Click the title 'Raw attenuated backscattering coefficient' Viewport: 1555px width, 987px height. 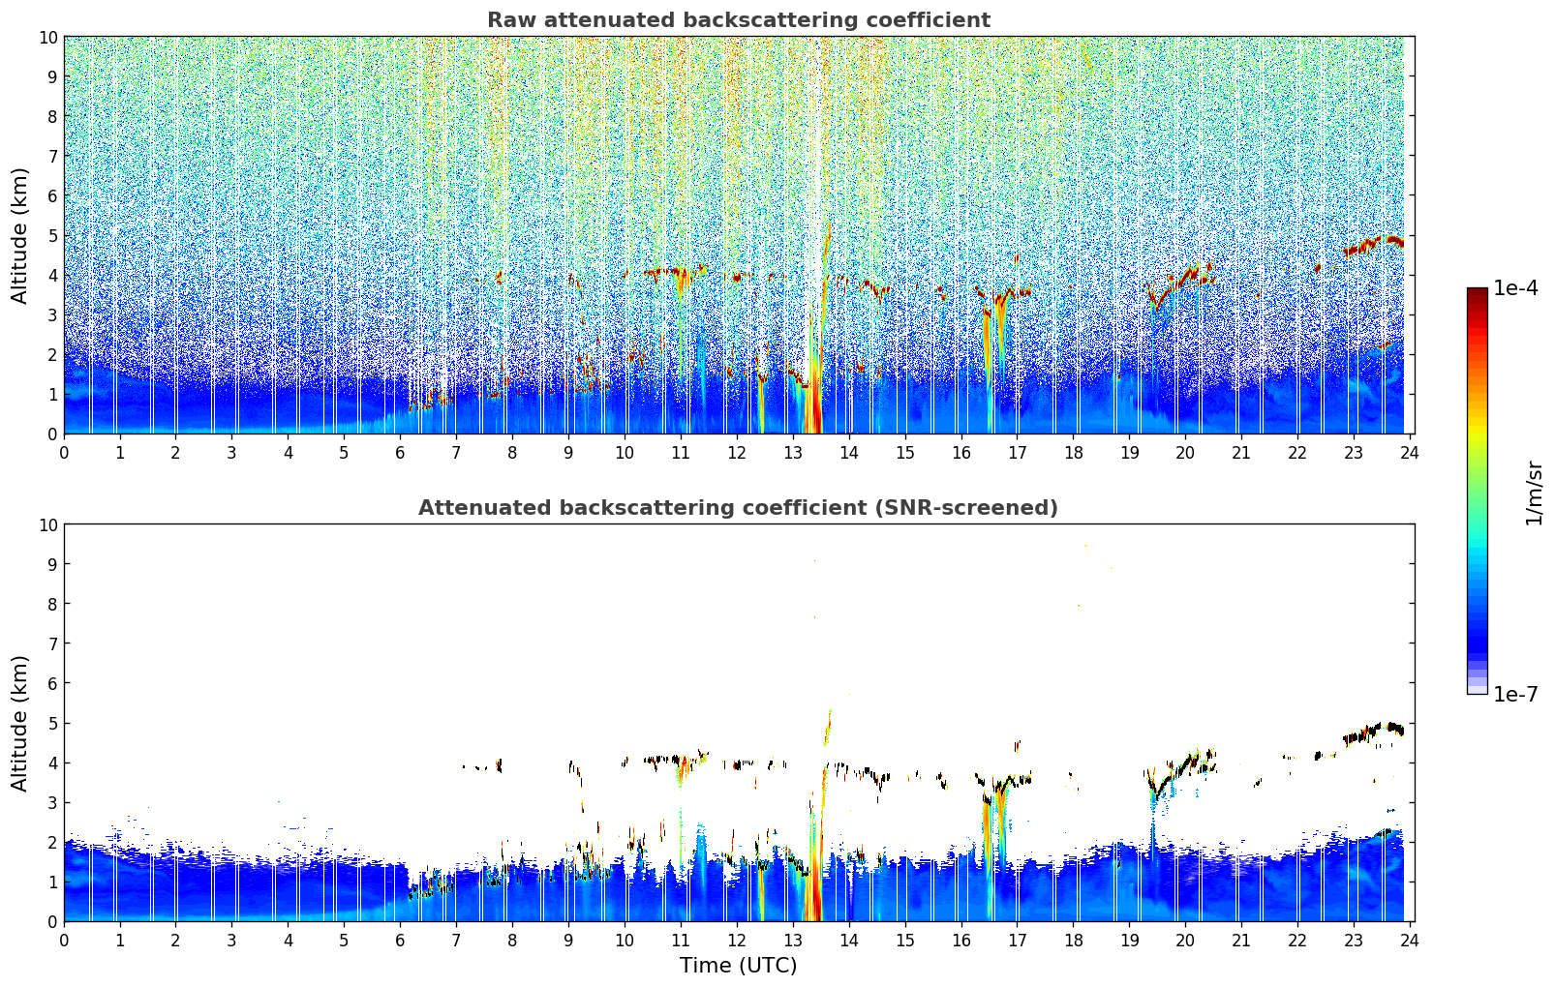(x=738, y=20)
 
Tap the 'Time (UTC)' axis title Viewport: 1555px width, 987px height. (x=738, y=966)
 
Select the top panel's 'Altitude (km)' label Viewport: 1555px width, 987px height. (x=20, y=235)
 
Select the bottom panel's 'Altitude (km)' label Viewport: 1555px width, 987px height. (x=20, y=723)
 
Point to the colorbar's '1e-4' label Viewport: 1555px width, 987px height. (x=1515, y=288)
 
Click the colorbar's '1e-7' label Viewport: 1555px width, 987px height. (x=1515, y=694)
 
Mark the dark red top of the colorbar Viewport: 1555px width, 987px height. (x=1477, y=293)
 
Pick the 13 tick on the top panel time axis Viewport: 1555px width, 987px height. (x=793, y=452)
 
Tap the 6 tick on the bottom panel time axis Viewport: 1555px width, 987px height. (x=400, y=940)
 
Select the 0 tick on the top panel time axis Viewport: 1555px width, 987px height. (x=65, y=452)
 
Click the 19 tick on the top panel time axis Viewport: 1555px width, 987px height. (x=1129, y=452)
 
